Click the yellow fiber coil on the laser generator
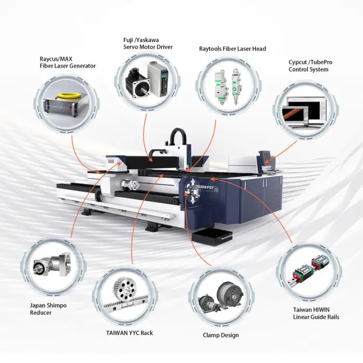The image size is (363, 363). tap(68, 95)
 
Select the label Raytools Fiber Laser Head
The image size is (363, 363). tap(232, 49)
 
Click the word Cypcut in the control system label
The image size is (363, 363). tap(298, 62)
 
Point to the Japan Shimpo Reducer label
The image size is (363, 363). tap(48, 309)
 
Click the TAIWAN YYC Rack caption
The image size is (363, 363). tap(130, 333)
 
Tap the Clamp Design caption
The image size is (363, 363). tap(220, 335)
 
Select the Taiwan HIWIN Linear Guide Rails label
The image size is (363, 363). tap(316, 313)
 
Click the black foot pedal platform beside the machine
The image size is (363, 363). tap(212, 238)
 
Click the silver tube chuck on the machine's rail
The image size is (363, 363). tap(130, 186)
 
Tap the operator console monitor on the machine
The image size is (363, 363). tap(266, 157)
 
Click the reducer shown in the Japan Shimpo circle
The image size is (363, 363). tap(52, 264)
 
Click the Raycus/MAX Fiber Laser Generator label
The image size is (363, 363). tap(67, 62)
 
